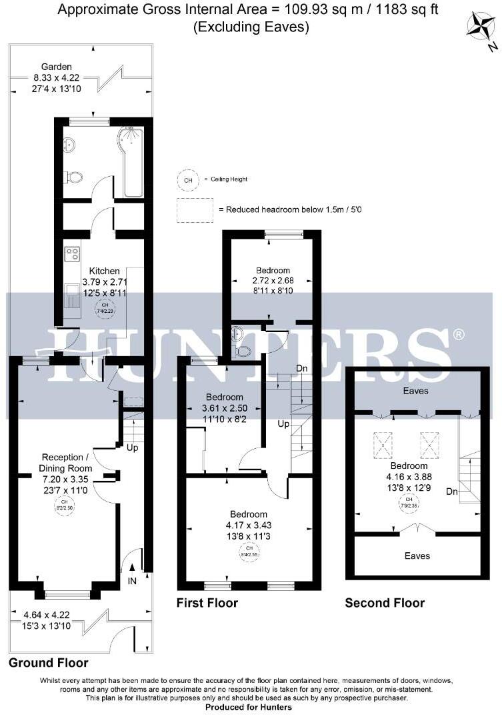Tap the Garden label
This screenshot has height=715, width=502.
point(57,67)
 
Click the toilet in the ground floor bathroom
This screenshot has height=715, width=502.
point(74,177)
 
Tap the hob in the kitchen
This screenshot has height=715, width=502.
point(73,254)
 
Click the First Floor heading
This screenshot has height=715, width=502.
point(207,603)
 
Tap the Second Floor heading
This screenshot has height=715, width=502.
point(385,603)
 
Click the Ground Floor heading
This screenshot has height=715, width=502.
point(48,663)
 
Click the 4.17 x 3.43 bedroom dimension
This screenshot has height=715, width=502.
point(249,525)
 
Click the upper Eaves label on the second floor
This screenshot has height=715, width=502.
point(416,391)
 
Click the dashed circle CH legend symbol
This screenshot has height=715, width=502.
point(188,180)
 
